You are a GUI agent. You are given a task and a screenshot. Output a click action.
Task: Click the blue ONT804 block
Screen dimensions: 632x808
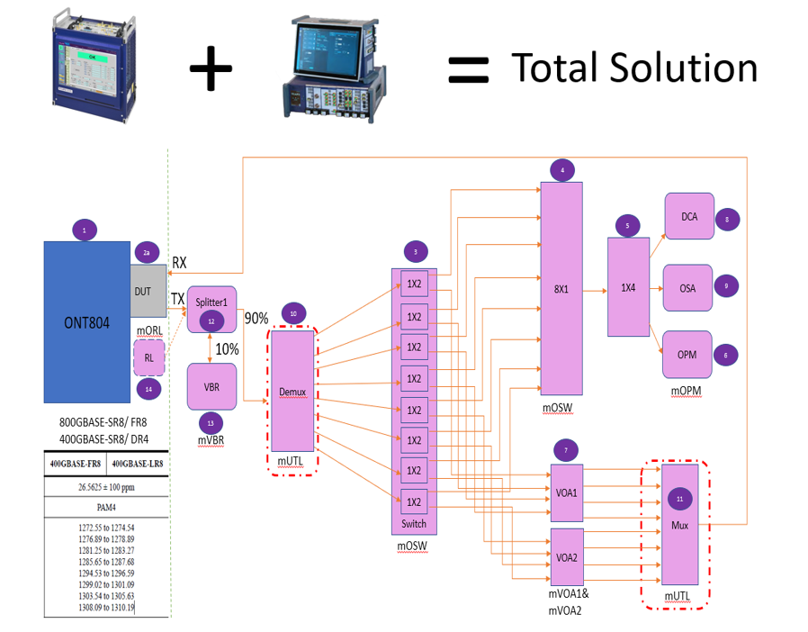pyautogui.click(x=86, y=322)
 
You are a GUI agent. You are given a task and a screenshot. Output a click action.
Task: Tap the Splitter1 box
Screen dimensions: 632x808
pyautogui.click(x=211, y=301)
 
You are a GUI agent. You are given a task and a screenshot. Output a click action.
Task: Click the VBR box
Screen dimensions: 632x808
pyautogui.click(x=211, y=386)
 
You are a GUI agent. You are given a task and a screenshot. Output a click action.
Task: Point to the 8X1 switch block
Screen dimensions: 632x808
pyautogui.click(x=562, y=289)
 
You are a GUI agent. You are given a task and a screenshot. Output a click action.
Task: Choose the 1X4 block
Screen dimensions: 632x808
pyautogui.click(x=627, y=287)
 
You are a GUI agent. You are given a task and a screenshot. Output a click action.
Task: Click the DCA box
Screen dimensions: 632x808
pyautogui.click(x=688, y=216)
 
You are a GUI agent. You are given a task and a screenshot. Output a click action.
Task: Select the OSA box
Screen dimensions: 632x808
pyautogui.click(x=688, y=287)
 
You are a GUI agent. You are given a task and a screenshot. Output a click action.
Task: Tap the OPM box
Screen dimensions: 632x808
pyautogui.click(x=688, y=355)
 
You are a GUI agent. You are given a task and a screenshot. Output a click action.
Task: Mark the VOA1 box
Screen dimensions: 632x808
pyautogui.click(x=567, y=493)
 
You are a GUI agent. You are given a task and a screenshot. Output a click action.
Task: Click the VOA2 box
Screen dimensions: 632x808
pyautogui.click(x=567, y=557)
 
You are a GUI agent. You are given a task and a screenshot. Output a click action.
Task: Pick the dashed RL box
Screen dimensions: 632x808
pyautogui.click(x=149, y=358)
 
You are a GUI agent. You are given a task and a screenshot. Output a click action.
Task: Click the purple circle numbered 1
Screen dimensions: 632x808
pyautogui.click(x=84, y=230)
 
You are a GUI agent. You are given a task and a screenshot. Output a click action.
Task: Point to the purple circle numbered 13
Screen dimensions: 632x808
pyautogui.click(x=211, y=424)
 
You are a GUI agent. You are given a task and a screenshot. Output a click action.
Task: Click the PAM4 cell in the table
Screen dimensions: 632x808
pyautogui.click(x=106, y=506)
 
